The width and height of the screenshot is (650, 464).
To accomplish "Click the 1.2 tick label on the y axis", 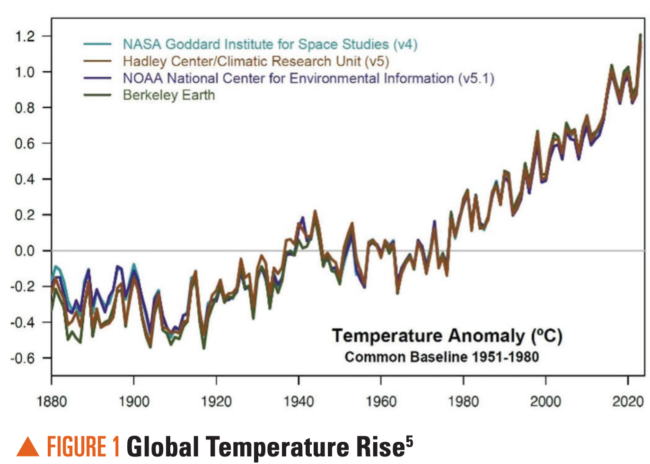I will coord(25,36).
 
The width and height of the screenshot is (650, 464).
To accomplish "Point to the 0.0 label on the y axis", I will coord(25,250).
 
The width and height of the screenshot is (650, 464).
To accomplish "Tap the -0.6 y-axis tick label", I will coord(23,358).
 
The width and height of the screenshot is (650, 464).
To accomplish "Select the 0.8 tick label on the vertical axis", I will coord(25,108).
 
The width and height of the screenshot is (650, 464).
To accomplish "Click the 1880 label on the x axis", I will coord(52,402).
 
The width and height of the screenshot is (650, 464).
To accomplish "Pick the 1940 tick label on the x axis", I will coord(299,402).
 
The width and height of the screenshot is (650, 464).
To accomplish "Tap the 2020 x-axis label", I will coord(628,402).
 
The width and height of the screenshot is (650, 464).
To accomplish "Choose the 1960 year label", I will coord(381,402).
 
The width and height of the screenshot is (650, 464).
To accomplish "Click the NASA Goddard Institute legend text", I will coord(270,44).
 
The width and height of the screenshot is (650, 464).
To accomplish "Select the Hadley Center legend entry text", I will coord(255,61).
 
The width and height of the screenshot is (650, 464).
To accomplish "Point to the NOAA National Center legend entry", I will coord(308,78).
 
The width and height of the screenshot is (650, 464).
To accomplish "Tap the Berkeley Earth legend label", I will coord(169,95).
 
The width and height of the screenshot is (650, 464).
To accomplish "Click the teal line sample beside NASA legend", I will coord(97,44).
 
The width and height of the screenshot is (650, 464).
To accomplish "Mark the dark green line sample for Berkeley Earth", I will coord(97,95).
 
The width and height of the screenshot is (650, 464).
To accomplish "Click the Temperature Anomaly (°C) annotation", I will coord(447,336).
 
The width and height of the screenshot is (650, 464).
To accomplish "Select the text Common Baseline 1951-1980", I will coord(441,357).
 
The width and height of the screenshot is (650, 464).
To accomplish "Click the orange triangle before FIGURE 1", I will coord(28,447).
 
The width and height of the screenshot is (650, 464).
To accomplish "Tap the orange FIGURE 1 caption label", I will coord(83,447).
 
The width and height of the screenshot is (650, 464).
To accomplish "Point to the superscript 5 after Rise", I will coord(409,441).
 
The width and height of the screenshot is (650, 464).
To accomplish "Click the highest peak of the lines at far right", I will coord(641,35).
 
